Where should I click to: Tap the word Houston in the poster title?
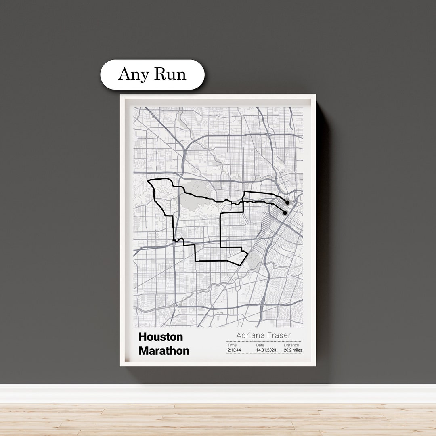161,337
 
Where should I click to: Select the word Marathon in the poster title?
164,351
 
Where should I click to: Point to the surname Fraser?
277,335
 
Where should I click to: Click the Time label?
232,345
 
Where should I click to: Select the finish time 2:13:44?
234,350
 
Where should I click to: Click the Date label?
260,345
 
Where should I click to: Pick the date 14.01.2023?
266,350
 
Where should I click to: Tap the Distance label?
291,345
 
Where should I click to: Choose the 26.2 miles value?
293,350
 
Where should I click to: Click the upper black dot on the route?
287,202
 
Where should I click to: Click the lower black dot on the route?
285,213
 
